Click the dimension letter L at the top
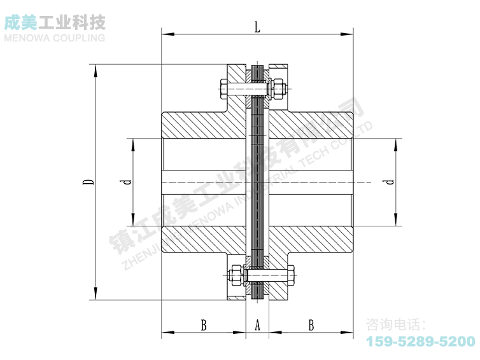pos(257,27)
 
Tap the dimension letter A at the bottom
pos(258,325)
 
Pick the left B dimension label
pos(204,325)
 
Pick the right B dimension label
pos(311,325)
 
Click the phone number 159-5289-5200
pos(420,342)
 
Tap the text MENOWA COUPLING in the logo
pos(54,38)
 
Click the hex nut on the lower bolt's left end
pos(235,275)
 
